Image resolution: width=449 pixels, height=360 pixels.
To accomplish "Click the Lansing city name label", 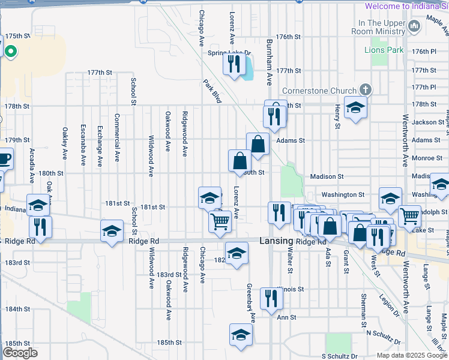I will pos(276,241).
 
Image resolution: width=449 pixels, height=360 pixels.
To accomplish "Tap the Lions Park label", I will pos(384,50).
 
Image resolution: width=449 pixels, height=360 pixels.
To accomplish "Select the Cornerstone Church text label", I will pos(319,91).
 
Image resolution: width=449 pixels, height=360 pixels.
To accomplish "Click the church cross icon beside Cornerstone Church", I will pos(365,91).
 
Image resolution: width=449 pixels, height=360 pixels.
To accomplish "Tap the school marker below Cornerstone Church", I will pos(355,107).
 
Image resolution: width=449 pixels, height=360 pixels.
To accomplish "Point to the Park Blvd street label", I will pos(212,91).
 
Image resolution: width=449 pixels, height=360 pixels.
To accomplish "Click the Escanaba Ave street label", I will pos(83,145).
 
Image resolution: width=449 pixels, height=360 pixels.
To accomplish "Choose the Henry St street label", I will pos(337,116).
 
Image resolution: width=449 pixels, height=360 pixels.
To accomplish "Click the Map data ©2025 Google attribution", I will pos(411,355).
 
